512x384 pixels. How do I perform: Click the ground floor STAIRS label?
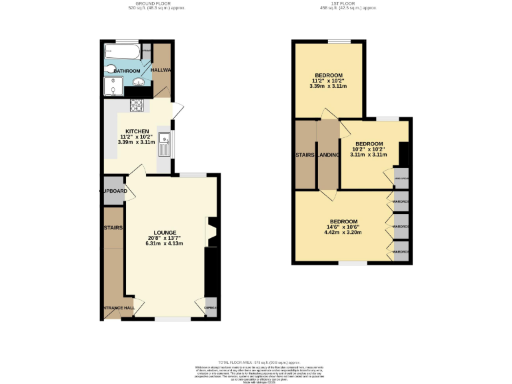(x=113, y=227)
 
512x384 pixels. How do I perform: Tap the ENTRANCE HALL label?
(x=118, y=308)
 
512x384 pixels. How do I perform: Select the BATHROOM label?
(x=127, y=71)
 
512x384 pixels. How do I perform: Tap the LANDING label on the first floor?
(x=328, y=155)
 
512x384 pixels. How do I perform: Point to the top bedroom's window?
(x=339, y=43)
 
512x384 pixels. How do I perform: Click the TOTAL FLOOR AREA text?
(x=257, y=360)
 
